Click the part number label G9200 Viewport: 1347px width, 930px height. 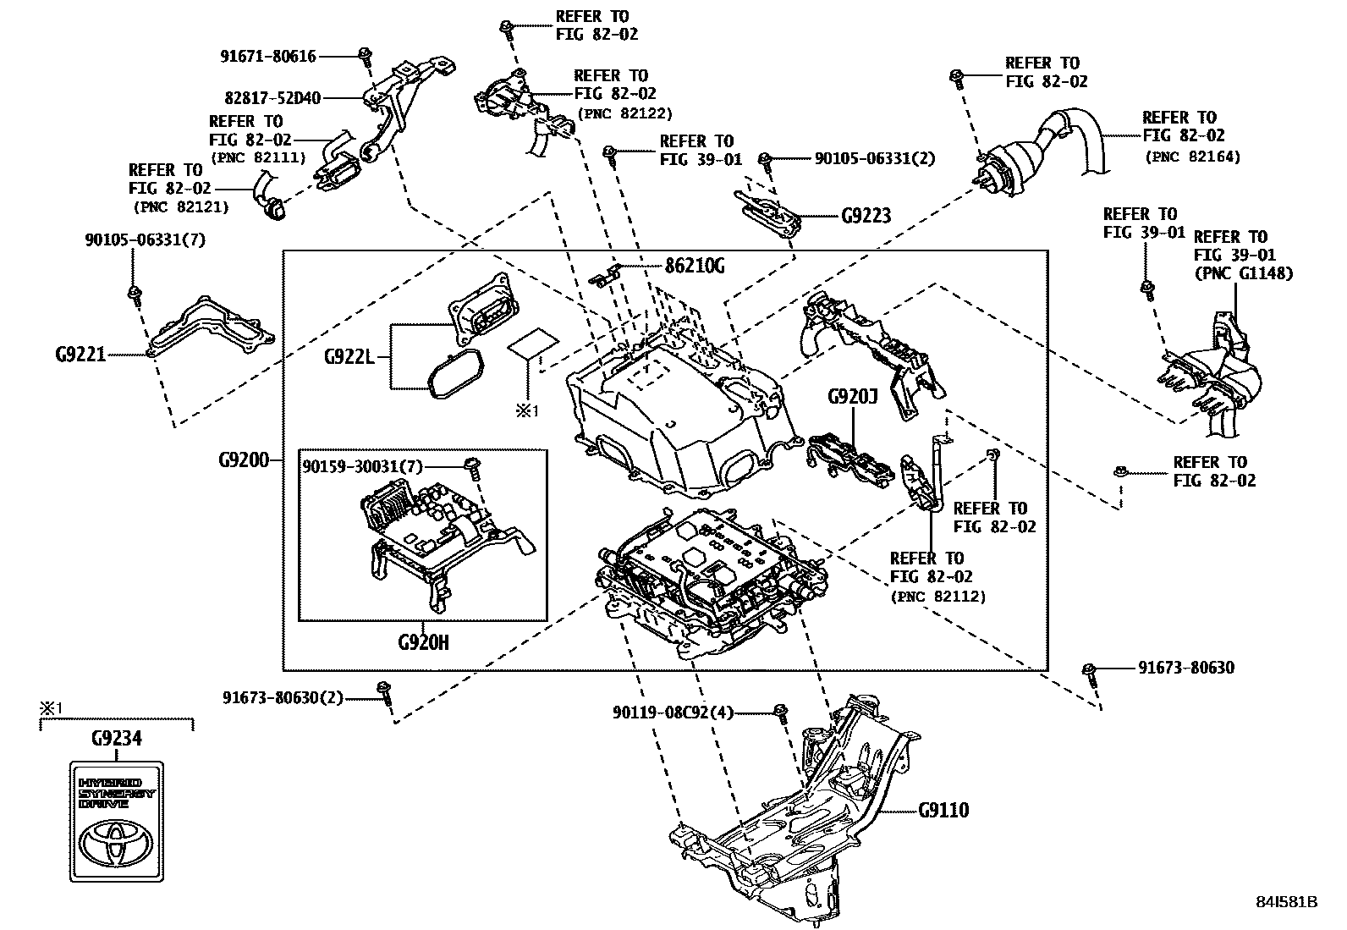coord(243,460)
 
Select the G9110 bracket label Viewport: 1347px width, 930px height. coord(943,810)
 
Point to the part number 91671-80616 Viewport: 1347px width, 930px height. coord(268,57)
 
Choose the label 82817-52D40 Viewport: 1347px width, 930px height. coord(272,98)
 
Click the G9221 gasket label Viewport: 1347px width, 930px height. coord(80,355)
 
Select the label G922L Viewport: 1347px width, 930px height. coord(349,356)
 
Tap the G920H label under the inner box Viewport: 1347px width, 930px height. coord(423,642)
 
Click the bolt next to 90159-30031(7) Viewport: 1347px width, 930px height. coord(473,467)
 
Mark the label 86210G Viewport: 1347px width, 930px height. coord(695,266)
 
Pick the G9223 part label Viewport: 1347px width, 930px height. coord(866,216)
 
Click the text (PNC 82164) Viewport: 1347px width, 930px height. coord(1192,157)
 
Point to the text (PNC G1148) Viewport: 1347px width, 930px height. coord(1243,273)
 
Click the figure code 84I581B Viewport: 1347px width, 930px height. coord(1287,902)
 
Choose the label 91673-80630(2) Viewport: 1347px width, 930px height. coord(283,698)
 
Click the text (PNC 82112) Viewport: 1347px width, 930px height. coord(937,597)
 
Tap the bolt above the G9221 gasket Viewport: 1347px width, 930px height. coord(134,294)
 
